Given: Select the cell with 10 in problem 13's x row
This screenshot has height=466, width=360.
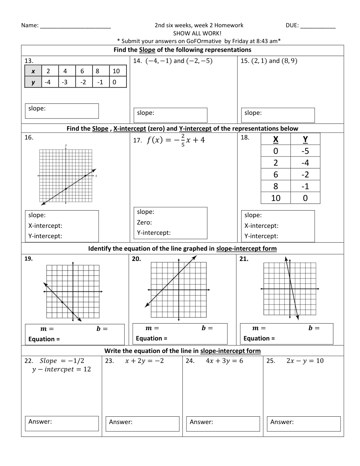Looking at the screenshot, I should [117, 71].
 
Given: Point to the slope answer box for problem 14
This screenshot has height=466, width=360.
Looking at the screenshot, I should [170, 115].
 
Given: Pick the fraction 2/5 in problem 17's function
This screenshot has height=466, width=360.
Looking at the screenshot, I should [183, 140].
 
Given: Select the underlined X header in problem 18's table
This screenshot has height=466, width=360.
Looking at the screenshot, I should [276, 139].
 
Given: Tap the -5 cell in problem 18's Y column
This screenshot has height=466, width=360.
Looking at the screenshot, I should [305, 151].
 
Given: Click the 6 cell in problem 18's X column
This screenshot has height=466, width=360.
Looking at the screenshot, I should [276, 174].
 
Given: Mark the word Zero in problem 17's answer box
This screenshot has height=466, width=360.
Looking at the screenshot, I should [144, 222].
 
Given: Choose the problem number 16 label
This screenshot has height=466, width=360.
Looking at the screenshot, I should [29, 138].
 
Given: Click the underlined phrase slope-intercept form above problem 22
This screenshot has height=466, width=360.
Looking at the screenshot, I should [230, 351].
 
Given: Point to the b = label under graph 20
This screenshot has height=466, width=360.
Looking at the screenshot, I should [207, 328].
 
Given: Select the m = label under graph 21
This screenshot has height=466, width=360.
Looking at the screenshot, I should [259, 328].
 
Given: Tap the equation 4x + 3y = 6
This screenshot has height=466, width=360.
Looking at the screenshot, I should [224, 361].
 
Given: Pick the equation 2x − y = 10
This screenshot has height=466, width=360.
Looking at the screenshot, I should [305, 361].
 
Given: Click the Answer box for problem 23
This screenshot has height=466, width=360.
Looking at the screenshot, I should [142, 424].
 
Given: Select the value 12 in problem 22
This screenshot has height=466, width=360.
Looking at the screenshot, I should [87, 369].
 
